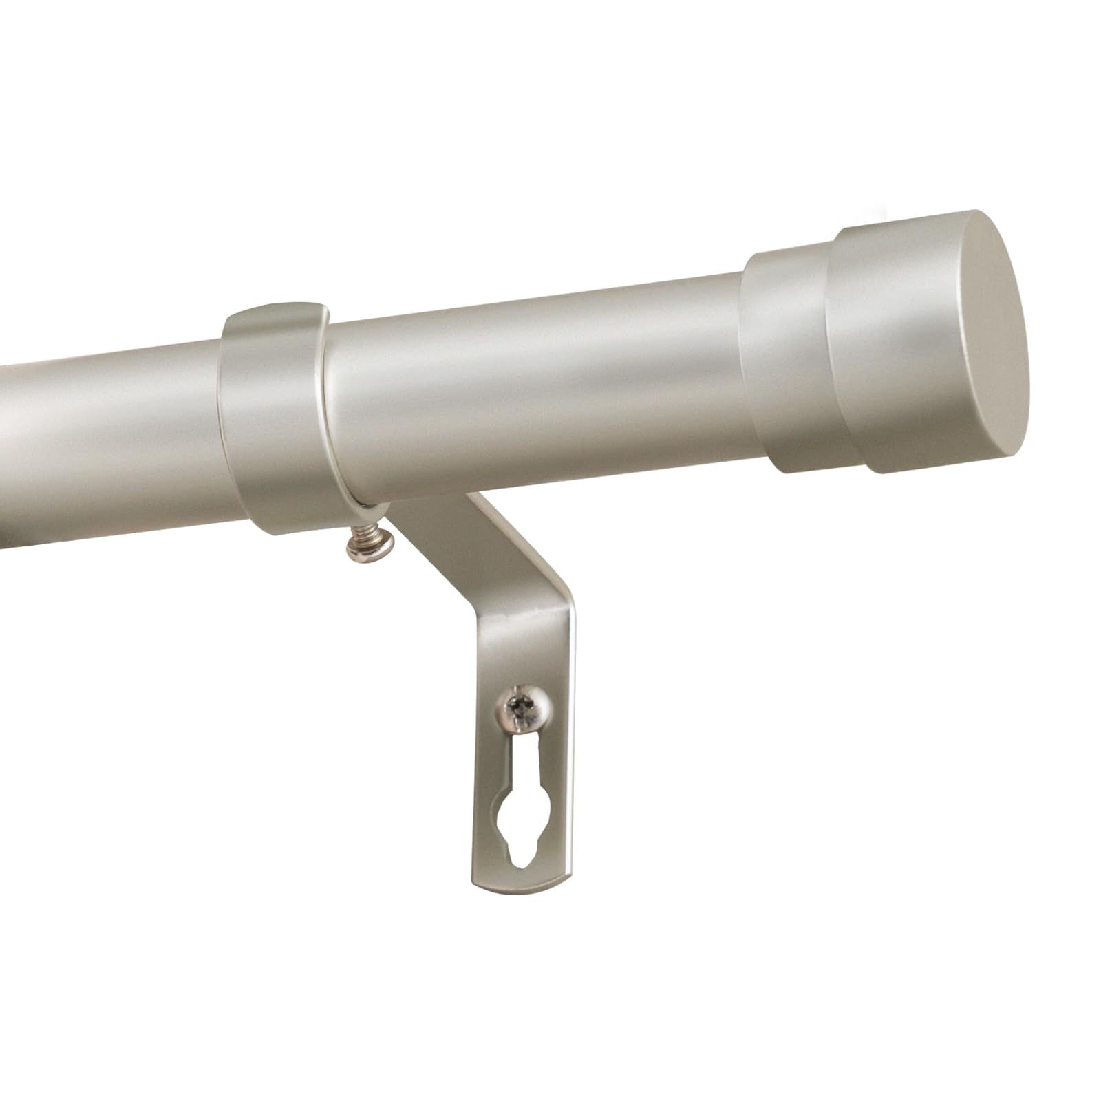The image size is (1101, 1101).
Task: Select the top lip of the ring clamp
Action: point(275,313)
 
